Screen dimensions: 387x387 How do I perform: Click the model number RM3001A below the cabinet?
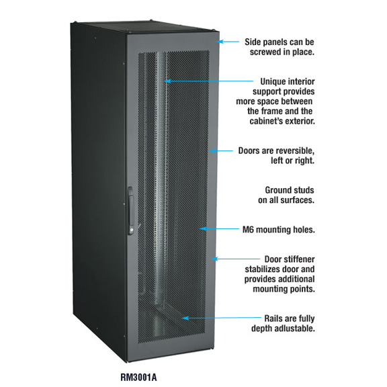coord(138,378)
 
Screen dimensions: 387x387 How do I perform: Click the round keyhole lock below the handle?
coord(131,230)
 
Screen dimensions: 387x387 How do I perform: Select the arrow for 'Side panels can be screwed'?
coord(228,42)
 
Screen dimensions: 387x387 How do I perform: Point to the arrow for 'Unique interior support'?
coord(209,81)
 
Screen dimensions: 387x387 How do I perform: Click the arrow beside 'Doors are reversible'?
coord(221,150)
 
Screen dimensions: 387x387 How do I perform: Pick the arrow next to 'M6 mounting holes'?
coord(220,229)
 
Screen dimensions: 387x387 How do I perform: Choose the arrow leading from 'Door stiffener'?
coord(235,259)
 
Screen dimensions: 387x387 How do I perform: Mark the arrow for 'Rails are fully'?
coord(222,318)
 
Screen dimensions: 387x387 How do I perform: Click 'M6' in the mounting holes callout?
coord(248,230)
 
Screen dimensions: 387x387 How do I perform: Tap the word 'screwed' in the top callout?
coord(265,52)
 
